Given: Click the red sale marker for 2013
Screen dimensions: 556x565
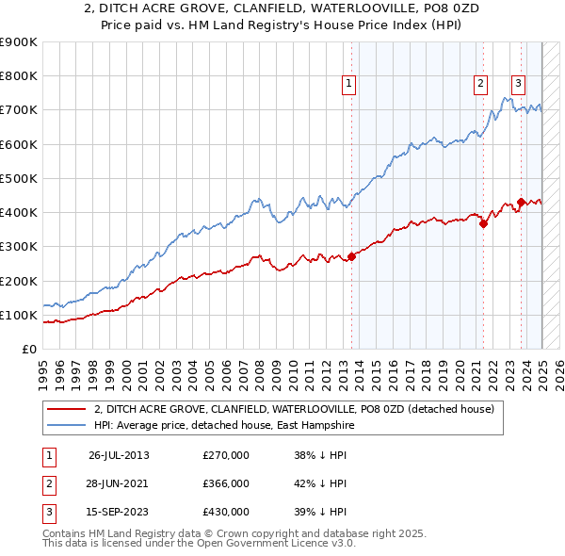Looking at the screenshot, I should click(x=351, y=256).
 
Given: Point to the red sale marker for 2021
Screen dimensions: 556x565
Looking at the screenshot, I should click(x=483, y=224).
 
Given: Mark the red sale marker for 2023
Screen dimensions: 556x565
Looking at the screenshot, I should click(x=521, y=202).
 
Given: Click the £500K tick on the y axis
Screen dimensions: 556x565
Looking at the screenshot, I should click(x=19, y=178).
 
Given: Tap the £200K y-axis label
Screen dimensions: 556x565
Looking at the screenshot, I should click(x=19, y=281).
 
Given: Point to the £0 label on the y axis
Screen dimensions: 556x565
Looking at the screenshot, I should click(x=28, y=349).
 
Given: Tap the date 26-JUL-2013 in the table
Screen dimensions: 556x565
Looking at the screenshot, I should click(x=119, y=455).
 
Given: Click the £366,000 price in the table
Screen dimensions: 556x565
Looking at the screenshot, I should click(x=226, y=483).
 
